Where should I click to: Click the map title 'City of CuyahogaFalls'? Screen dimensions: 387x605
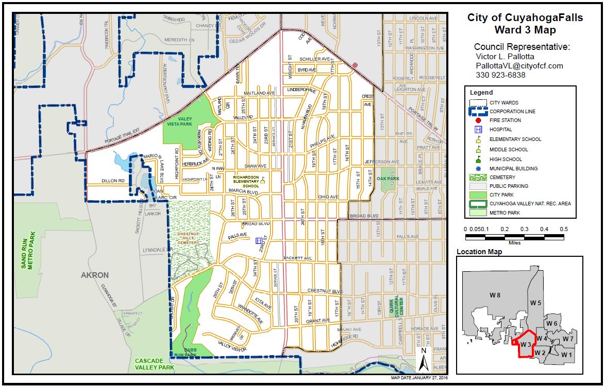coord(525,17)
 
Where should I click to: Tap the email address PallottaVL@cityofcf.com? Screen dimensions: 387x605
coord(519,66)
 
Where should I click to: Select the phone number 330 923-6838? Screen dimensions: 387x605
coord(500,75)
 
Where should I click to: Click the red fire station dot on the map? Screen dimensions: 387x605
coord(355,65)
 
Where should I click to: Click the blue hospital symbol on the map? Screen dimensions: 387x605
coord(259,240)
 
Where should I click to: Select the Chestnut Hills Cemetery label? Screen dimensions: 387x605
coord(189,238)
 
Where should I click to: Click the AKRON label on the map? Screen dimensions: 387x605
coord(95,275)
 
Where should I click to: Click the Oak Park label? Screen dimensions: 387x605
coord(388,179)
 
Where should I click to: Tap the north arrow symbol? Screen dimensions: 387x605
coord(423,359)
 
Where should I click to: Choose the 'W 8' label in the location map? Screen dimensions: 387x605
coord(495,294)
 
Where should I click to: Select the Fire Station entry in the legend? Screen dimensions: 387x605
coord(505,120)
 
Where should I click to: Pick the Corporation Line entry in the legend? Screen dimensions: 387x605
coord(512,111)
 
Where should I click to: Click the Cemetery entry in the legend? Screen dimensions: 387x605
coord(502,177)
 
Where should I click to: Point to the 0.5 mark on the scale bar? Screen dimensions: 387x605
coord(564,229)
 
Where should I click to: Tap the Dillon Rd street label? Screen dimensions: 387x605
coord(113,181)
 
